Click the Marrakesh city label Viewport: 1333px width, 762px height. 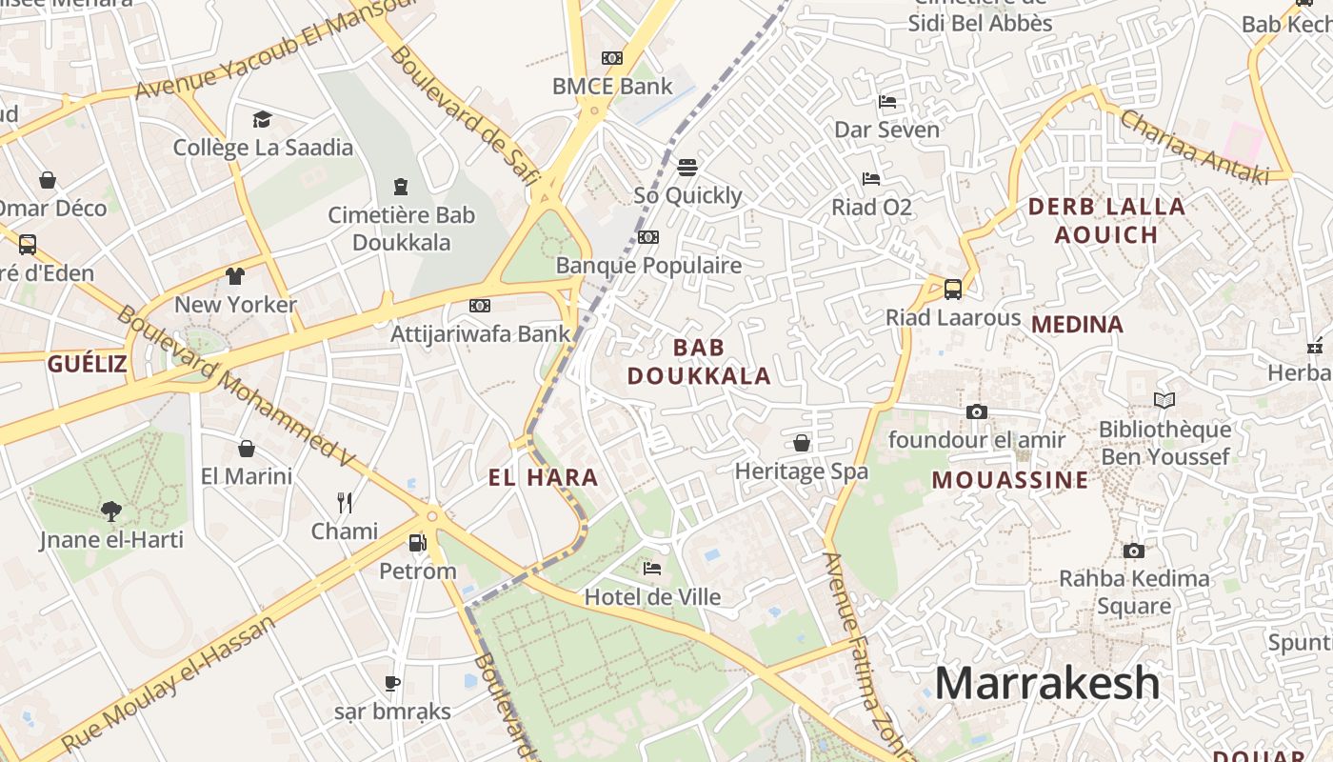[1046, 684]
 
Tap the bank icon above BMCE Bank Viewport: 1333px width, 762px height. [612, 58]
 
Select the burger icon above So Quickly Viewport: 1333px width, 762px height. [687, 168]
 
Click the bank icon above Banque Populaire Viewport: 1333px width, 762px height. [648, 237]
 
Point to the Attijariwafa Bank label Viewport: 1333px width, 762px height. [481, 333]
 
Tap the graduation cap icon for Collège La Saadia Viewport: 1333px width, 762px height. [262, 119]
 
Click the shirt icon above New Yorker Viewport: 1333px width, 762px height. [235, 276]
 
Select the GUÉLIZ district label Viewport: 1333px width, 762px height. [87, 363]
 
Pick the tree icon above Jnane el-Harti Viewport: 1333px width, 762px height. [111, 511]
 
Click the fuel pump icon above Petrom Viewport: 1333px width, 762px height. [417, 543]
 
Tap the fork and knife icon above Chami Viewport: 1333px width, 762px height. [345, 502]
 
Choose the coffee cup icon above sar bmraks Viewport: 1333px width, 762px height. [391, 683]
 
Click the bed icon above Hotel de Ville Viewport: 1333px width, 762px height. [652, 569]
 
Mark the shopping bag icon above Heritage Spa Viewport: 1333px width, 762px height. [802, 443]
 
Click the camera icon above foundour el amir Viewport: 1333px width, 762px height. [976, 411]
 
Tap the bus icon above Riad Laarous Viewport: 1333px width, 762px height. [952, 290]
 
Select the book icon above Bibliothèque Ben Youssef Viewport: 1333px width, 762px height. [1164, 401]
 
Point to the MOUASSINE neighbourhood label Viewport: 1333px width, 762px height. [1009, 479]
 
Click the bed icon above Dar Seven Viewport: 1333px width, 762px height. [886, 101]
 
